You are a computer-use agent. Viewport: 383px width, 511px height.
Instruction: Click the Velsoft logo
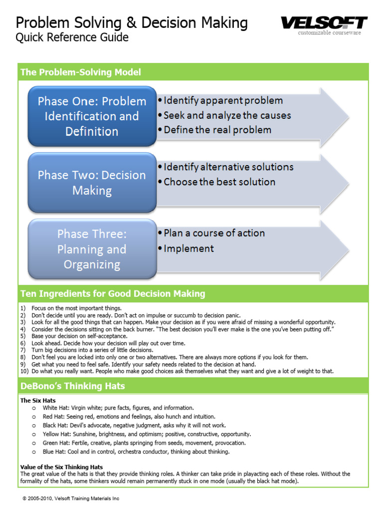click(324, 23)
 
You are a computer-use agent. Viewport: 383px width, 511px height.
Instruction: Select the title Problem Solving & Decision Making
click(132, 22)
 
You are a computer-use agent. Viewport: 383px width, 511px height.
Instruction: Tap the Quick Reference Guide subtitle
click(72, 37)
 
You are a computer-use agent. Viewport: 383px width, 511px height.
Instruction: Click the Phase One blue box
click(92, 116)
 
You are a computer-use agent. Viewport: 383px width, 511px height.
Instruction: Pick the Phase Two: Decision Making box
click(92, 183)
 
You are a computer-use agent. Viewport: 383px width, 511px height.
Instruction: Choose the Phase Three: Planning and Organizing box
click(92, 249)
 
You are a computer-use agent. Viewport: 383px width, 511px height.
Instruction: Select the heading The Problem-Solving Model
click(81, 72)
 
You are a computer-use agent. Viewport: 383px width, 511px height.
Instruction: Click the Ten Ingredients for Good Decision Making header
click(113, 294)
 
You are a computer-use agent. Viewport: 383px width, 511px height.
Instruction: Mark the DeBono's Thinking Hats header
click(73, 386)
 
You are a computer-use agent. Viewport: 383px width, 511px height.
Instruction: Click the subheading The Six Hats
click(38, 400)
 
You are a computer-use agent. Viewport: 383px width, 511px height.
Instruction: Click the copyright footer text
click(71, 499)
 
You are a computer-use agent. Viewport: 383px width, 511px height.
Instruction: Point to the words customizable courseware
click(330, 33)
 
